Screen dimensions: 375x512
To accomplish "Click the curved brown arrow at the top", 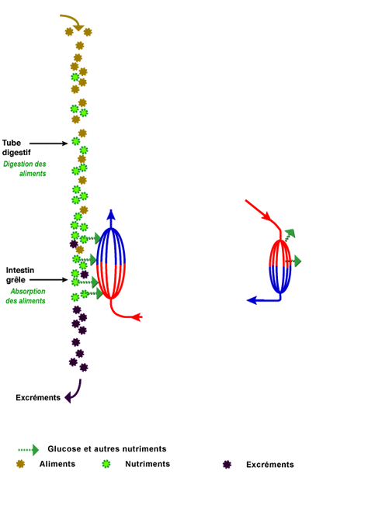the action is coord(75,19).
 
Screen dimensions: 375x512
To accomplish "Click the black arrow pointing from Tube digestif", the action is coord(48,144).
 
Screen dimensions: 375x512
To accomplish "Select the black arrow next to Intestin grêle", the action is coord(48,280).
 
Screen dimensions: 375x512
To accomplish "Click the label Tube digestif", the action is coord(16,147).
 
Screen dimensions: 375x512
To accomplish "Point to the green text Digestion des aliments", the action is coord(25,168).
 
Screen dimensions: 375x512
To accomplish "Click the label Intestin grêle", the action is coord(20,275).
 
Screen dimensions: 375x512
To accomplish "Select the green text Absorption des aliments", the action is coord(26,296).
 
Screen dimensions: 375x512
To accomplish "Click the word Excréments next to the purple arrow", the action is coord(38,397).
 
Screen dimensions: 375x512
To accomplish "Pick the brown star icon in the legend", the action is coord(20,464).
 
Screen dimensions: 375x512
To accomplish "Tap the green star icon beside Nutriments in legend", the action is coord(106,464).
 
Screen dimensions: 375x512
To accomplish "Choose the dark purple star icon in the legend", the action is coord(227,465).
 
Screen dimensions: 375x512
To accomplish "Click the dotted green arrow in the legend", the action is coord(29,450).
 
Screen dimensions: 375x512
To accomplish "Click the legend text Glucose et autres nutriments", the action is coord(107,448).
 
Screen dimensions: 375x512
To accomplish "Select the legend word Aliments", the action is coord(57,464).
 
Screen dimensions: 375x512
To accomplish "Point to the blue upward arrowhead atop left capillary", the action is coord(111,214).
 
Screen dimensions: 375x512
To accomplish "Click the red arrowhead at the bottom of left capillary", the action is coord(137,317).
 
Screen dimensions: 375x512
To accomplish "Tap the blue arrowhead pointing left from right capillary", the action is coord(252,300).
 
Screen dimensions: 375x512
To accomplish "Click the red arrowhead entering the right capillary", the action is coord(267,216).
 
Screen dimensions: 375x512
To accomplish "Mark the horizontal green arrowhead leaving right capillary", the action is coord(297,261).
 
